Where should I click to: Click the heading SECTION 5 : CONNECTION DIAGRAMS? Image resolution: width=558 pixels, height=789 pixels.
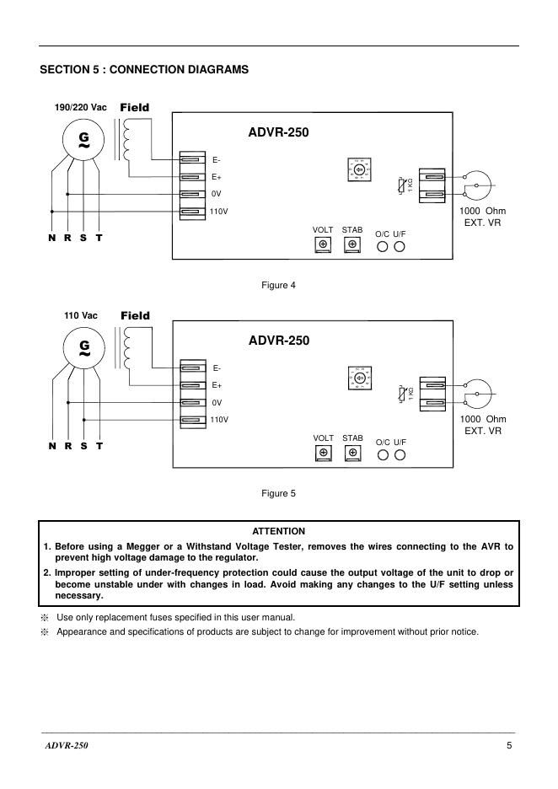(144, 70)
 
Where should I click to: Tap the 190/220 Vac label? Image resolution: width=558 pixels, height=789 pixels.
(81, 108)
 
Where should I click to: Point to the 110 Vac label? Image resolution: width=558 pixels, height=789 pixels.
(81, 316)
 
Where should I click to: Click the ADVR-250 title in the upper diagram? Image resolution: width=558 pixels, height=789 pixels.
(279, 132)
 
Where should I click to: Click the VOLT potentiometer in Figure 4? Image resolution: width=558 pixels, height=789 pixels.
(323, 245)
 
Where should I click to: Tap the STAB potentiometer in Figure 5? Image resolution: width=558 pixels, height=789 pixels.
(352, 454)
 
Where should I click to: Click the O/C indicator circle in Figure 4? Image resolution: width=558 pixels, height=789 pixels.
(383, 246)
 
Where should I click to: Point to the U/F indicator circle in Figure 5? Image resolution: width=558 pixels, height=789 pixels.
(400, 455)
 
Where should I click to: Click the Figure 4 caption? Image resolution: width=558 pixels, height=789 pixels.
(279, 285)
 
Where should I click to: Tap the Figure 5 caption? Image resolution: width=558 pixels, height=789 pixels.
(279, 493)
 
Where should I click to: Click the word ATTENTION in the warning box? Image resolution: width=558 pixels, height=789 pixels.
(279, 531)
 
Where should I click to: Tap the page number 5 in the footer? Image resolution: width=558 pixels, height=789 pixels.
(510, 746)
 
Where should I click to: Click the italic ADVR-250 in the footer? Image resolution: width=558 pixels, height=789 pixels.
(67, 746)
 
